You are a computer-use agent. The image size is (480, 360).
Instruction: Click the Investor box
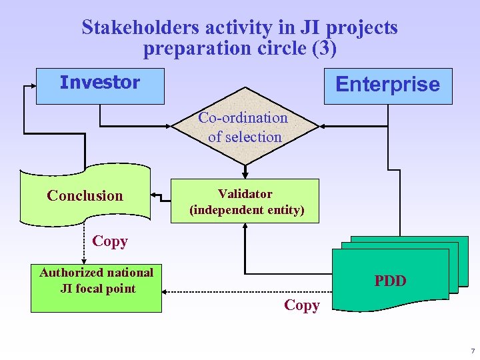99,86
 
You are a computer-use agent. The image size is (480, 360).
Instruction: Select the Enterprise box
388,86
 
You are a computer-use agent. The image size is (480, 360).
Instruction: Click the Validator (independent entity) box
245,201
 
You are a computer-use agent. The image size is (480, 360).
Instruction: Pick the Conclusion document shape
85,195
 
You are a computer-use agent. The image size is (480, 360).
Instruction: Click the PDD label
390,281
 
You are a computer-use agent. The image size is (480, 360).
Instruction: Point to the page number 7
472,351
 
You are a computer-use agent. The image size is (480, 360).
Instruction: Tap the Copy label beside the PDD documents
301,305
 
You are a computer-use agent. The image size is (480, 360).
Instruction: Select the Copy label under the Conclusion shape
110,241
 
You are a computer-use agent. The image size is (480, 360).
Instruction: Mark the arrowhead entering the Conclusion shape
154,195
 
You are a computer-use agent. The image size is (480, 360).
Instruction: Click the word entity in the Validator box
284,211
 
